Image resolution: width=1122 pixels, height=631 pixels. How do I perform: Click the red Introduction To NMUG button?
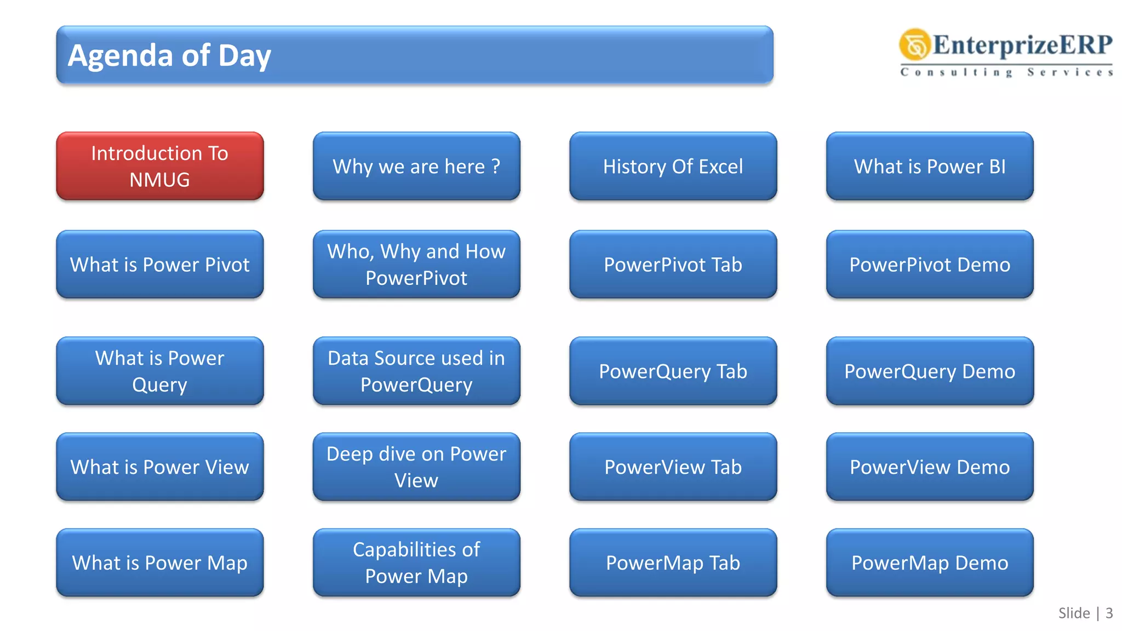pyautogui.click(x=159, y=166)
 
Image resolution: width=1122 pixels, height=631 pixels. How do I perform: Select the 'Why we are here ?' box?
pyautogui.click(x=416, y=166)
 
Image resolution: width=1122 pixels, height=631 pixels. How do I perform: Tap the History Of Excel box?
pyautogui.click(x=673, y=166)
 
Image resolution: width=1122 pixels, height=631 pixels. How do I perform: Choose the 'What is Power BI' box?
pyautogui.click(x=930, y=166)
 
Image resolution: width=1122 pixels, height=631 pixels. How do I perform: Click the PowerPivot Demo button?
pyautogui.click(x=930, y=265)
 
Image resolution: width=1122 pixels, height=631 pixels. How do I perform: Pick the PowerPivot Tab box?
pyautogui.click(x=673, y=265)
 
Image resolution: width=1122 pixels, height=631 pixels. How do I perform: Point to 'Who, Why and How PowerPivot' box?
pyautogui.click(x=416, y=265)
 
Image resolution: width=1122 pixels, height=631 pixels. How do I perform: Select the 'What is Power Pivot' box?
pyautogui.click(x=159, y=265)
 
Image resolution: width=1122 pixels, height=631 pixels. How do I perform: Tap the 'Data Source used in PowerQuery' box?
pyautogui.click(x=416, y=371)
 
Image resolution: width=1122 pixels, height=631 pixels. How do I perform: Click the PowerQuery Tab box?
pyautogui.click(x=673, y=371)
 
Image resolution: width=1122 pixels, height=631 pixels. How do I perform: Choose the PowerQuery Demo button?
pyautogui.click(x=930, y=371)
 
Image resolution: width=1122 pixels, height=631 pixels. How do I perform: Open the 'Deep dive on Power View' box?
pyautogui.click(x=416, y=467)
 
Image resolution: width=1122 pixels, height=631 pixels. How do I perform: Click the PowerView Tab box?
pyautogui.click(x=673, y=467)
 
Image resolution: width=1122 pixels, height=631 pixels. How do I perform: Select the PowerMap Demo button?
pyautogui.click(x=930, y=563)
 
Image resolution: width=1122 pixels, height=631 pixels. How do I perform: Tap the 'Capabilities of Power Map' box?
pyautogui.click(x=416, y=563)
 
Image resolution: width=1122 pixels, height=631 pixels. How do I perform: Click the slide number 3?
pyautogui.click(x=1109, y=613)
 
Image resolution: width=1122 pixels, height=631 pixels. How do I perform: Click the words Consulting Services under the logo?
pyautogui.click(x=1006, y=72)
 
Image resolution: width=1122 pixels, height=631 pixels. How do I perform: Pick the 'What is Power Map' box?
pyautogui.click(x=159, y=563)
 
